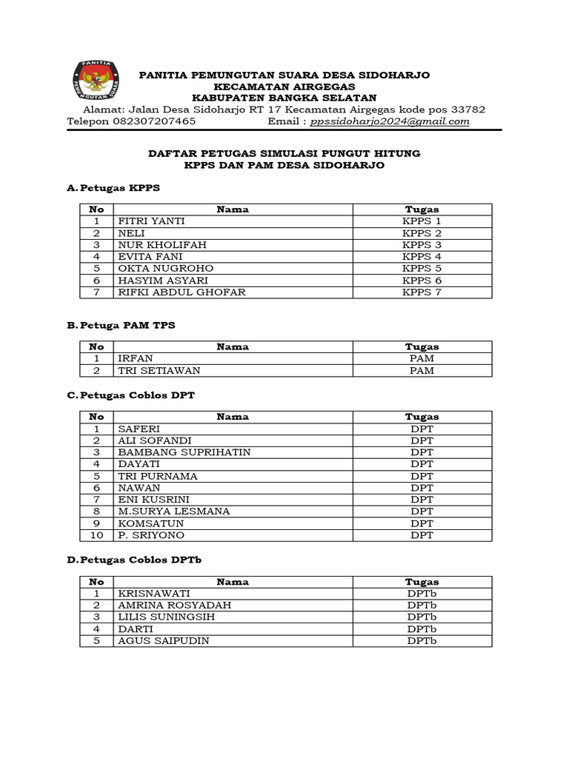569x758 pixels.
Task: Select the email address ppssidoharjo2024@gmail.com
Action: tap(390, 121)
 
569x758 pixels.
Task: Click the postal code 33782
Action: tap(468, 110)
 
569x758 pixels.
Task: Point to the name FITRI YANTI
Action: tap(151, 221)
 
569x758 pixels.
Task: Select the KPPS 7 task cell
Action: tap(422, 292)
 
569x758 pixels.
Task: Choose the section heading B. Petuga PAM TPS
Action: tap(121, 325)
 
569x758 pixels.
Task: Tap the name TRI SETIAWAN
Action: tap(159, 370)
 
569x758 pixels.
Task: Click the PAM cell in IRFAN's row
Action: tap(422, 358)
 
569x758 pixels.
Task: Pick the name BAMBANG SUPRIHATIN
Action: tap(184, 452)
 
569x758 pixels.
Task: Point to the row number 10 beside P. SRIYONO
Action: tap(96, 535)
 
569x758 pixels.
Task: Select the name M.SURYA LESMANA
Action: tap(173, 512)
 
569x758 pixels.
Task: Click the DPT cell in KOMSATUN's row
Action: tap(422, 523)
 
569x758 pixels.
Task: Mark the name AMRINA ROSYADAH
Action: tap(174, 606)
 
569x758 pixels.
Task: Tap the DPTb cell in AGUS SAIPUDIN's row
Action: tap(422, 641)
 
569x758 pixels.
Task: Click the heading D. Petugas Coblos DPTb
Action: tap(133, 560)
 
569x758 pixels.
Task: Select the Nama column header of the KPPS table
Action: tap(233, 209)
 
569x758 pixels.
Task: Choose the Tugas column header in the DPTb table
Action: tap(422, 582)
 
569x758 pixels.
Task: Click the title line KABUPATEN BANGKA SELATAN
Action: tap(284, 98)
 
